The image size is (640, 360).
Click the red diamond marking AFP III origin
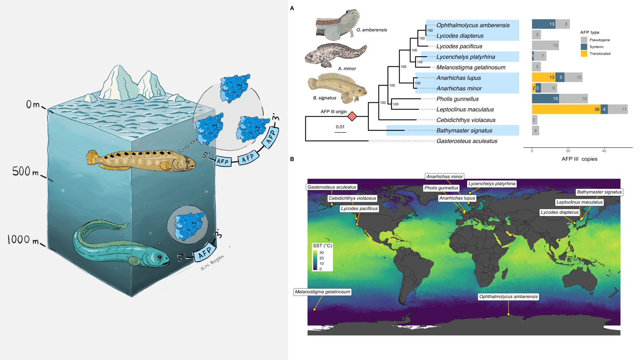point(352,116)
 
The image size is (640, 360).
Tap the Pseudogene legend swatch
point(584,40)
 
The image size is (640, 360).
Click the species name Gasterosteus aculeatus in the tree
point(467,141)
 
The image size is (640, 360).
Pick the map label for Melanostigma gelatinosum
point(323,292)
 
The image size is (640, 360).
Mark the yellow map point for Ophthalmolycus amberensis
point(508,314)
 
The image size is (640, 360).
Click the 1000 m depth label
point(23,240)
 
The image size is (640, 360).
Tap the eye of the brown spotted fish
point(188,162)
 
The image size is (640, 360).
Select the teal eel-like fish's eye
point(159,257)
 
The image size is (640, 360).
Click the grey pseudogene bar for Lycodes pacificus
point(545,45)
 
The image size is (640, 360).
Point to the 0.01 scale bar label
point(340,127)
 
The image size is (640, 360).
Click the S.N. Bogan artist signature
point(212,263)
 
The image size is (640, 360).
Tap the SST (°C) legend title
point(322,246)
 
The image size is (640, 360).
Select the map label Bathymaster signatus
point(599,192)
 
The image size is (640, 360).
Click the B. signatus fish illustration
point(338,88)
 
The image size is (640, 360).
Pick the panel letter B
point(292,159)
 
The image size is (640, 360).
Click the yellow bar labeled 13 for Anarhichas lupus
point(543,77)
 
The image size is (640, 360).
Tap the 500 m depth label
point(26,172)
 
